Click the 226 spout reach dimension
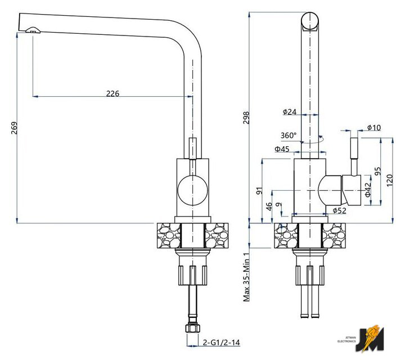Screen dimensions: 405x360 [x=113, y=93]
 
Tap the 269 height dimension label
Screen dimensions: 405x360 [x=14, y=128]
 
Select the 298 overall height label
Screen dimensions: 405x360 [x=246, y=118]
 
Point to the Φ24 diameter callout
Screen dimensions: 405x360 [x=290, y=112]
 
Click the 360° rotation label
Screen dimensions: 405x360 [x=289, y=136]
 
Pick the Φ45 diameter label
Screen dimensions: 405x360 [x=282, y=149]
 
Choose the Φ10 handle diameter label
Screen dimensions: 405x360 [x=373, y=127]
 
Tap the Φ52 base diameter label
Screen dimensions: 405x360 [x=339, y=211]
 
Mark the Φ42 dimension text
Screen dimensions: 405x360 [x=368, y=190]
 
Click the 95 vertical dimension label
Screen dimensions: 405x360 [x=377, y=171]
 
